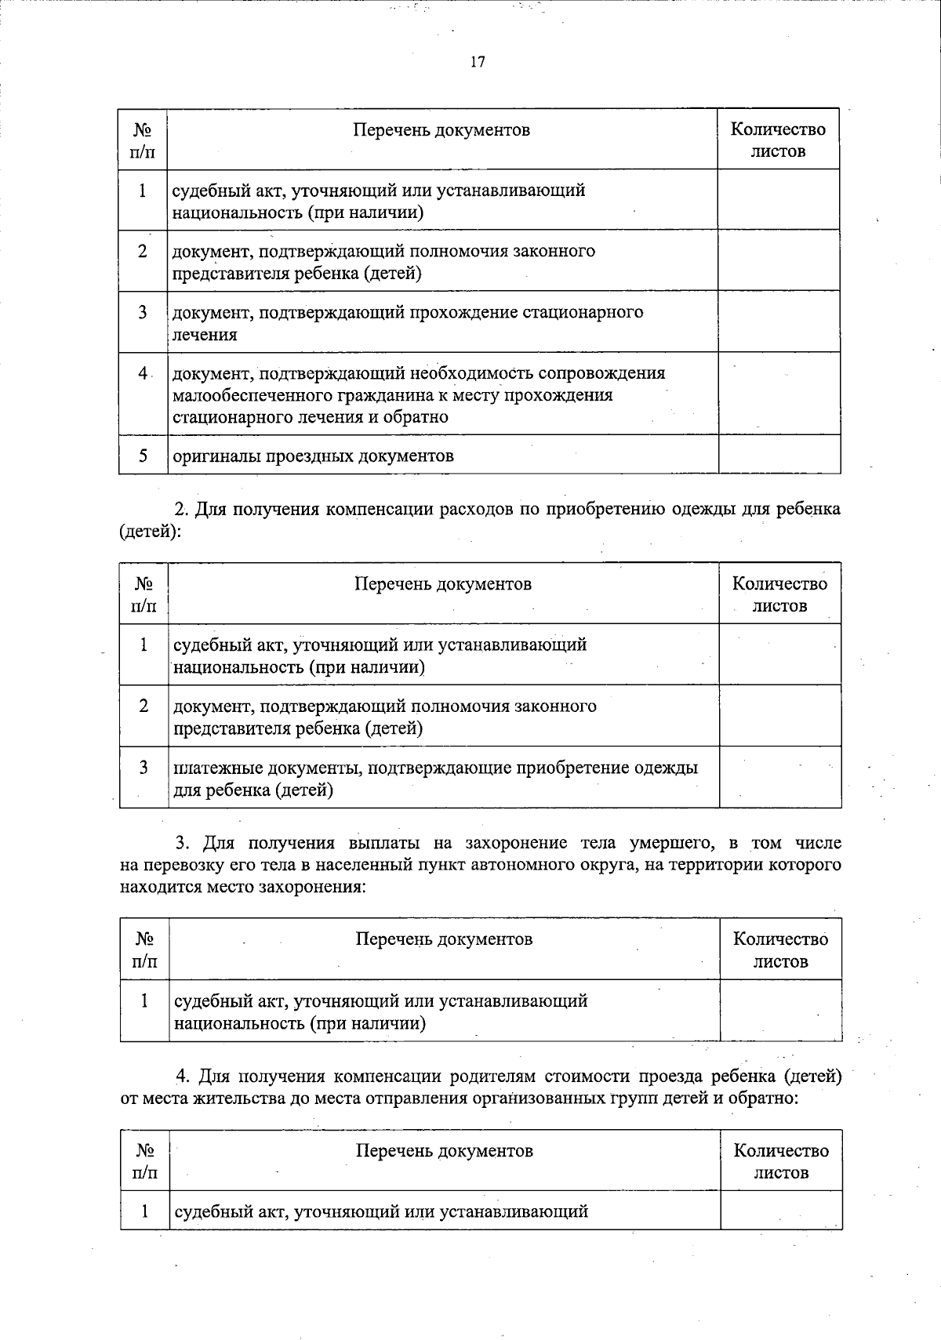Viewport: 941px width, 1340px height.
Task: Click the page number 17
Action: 478,63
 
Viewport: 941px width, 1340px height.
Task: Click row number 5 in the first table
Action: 144,455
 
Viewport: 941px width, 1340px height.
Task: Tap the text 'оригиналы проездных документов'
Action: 313,456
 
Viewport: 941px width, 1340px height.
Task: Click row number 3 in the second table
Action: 144,768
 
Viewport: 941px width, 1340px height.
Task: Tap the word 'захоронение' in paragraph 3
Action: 516,843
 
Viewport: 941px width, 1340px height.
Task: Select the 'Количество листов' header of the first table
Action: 778,140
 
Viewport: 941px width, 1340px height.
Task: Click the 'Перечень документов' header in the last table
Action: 444,1150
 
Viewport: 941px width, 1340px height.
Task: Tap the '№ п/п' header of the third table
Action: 145,950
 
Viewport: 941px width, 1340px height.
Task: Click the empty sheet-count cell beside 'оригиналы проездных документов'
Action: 779,455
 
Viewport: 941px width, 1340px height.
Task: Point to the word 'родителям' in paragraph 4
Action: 463,1076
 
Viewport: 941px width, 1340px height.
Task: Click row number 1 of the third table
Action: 144,1000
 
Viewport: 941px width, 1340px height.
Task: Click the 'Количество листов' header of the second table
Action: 779,594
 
